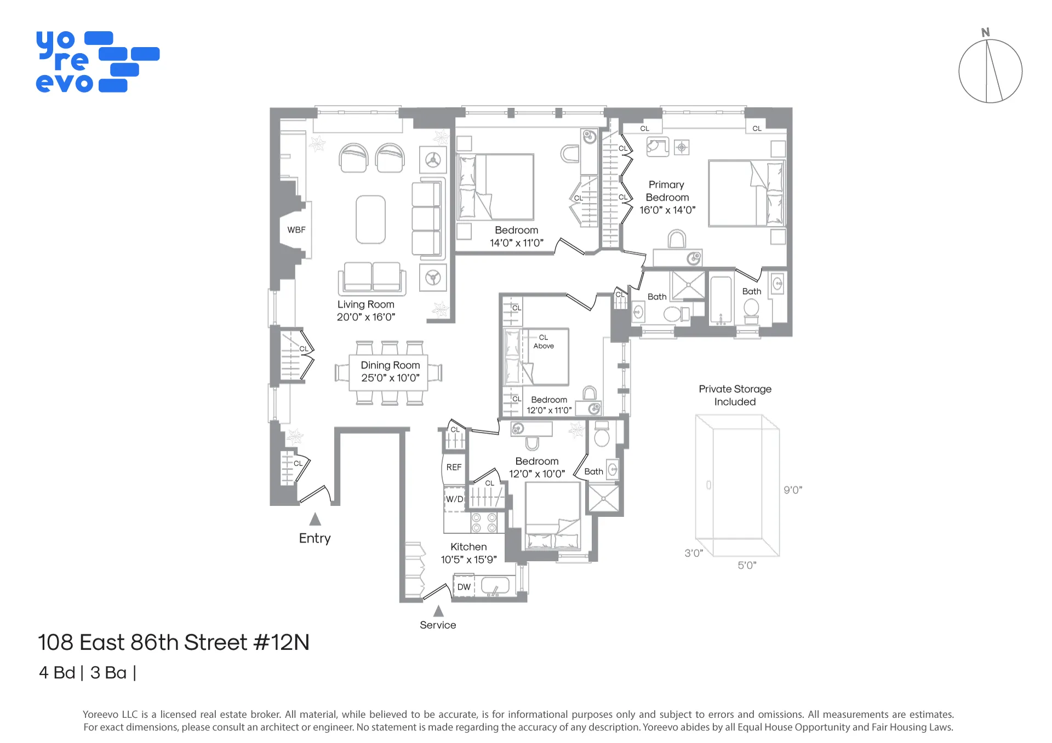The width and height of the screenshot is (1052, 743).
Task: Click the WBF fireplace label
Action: tap(296, 230)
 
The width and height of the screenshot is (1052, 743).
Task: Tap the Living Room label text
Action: tap(365, 304)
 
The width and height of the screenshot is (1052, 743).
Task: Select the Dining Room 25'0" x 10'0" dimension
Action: tap(390, 378)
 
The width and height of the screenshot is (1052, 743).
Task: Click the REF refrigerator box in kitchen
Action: tap(454, 468)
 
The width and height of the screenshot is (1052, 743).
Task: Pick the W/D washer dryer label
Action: tap(454, 499)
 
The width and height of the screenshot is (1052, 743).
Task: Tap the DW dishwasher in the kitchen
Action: tap(464, 587)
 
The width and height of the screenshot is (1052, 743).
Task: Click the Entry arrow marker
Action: tap(315, 519)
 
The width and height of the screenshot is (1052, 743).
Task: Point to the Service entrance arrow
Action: tap(438, 611)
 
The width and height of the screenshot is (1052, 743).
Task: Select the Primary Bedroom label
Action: tap(667, 191)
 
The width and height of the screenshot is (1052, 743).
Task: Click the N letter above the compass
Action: tap(986, 33)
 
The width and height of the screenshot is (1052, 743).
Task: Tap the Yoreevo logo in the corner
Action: tap(98, 62)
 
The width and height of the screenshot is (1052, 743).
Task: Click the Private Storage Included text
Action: tap(735, 395)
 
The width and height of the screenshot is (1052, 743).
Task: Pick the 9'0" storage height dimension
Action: tap(793, 490)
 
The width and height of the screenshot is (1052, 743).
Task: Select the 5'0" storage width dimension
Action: tap(747, 565)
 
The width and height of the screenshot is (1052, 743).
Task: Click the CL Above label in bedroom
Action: tap(544, 342)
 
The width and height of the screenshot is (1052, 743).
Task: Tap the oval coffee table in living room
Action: tap(370, 220)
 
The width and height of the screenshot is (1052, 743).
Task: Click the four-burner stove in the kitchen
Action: tap(484, 523)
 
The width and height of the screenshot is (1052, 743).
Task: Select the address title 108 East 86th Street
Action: tap(173, 642)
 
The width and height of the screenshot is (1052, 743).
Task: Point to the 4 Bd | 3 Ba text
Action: tap(87, 672)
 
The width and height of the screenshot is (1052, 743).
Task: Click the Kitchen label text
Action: tap(468, 547)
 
